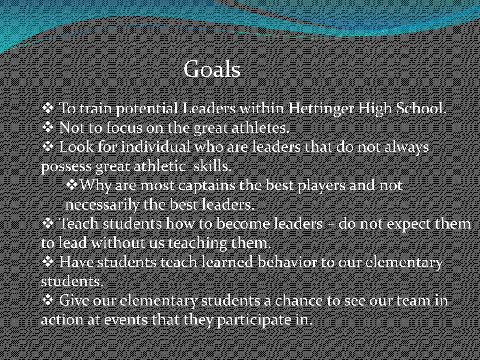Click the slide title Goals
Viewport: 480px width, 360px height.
(212, 69)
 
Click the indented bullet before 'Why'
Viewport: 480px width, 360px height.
(73, 186)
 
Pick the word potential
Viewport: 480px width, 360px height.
(147, 109)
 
